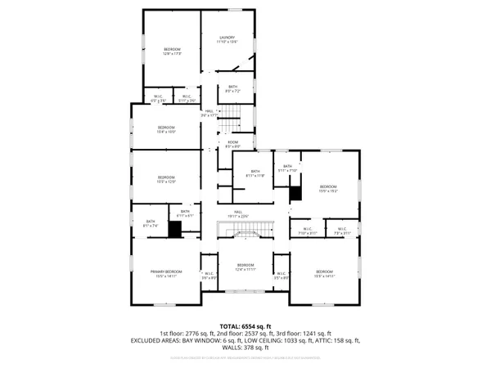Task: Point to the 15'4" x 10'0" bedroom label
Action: tap(166, 129)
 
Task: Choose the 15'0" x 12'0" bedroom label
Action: tap(166, 179)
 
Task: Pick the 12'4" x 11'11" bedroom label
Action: tap(246, 267)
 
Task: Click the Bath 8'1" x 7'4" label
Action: tap(151, 223)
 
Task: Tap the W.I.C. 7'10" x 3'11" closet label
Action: tap(307, 231)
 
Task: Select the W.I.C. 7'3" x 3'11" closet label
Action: tap(341, 231)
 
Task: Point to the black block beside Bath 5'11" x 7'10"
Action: tap(296, 193)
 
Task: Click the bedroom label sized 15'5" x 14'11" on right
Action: tap(325, 274)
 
